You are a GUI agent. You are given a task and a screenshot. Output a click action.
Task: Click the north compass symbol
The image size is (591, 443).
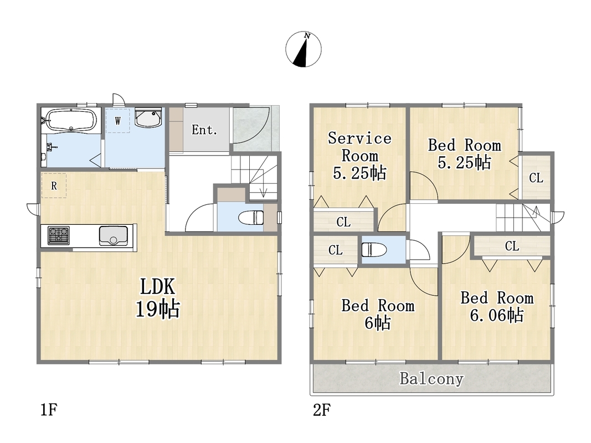pyautogui.click(x=304, y=49)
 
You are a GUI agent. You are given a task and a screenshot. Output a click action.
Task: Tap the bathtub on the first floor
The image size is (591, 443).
pyautogui.click(x=71, y=120)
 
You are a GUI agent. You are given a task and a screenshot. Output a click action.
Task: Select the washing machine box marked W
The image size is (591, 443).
pyautogui.click(x=117, y=121)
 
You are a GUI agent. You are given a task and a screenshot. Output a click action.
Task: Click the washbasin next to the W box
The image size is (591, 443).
pyautogui.click(x=148, y=118)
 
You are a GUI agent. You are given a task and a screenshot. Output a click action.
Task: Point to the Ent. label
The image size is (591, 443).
pyautogui.click(x=204, y=130)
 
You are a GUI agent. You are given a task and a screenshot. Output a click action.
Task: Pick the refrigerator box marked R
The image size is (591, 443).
pyautogui.click(x=54, y=186)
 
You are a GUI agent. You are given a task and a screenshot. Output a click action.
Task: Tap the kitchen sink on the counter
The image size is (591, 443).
pyautogui.click(x=113, y=236)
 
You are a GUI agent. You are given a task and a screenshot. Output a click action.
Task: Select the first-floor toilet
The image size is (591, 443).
pyautogui.click(x=251, y=218)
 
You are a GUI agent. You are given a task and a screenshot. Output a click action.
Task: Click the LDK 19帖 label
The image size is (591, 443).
pyautogui.click(x=157, y=297)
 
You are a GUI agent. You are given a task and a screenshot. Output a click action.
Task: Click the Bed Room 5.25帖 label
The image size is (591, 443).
pyautogui.click(x=465, y=154)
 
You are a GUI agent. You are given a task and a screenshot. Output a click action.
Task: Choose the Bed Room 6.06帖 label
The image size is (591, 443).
pyautogui.click(x=497, y=307)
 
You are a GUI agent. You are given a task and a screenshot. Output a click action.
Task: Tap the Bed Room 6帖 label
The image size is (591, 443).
pyautogui.click(x=378, y=314)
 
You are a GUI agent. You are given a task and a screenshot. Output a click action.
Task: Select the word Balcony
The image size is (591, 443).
pyautogui.click(x=431, y=379)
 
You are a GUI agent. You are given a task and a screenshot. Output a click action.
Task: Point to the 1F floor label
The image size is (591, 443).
pyautogui.click(x=49, y=409)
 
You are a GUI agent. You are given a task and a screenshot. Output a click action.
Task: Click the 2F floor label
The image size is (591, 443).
pyautogui.click(x=322, y=409)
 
